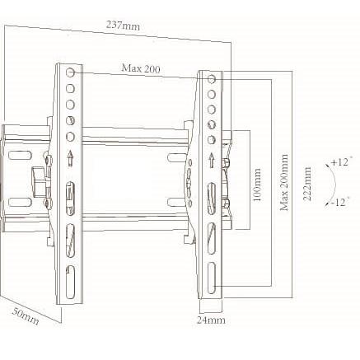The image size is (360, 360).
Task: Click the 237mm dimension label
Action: tap(123, 26)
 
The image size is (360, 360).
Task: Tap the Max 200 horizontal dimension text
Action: tap(141, 68)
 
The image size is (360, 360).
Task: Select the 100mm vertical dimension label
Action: tap(258, 185)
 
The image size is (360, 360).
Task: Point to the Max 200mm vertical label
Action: tap(284, 183)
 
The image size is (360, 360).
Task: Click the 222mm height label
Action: tap(307, 184)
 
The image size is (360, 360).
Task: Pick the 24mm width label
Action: tap(211, 320)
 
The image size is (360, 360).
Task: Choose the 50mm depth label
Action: tap(26, 316)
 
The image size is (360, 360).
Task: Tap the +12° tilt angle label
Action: tap(339, 162)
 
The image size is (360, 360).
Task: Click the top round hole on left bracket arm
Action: tap(70, 72)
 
